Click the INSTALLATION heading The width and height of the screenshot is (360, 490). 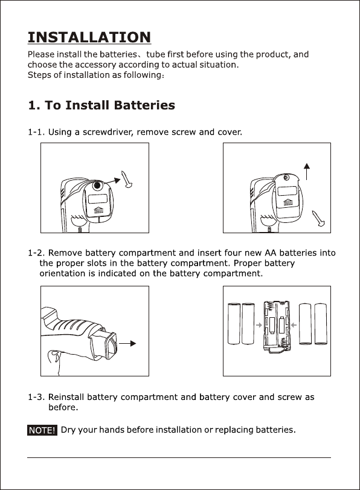89,37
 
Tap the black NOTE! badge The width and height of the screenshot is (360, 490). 42,430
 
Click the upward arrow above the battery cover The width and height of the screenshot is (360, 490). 307,171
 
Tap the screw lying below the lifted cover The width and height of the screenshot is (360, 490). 318,218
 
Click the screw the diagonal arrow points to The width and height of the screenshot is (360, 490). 127,179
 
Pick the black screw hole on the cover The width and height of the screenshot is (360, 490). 97,185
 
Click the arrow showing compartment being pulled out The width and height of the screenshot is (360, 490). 127,343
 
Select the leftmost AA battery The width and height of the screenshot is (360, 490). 234,323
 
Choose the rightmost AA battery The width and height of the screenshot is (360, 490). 320,324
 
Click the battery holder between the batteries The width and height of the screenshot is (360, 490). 276,326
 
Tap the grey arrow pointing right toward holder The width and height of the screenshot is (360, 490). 259,325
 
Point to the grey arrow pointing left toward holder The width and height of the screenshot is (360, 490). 294,325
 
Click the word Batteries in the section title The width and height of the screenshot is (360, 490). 144,105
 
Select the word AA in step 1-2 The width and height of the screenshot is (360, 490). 269,253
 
